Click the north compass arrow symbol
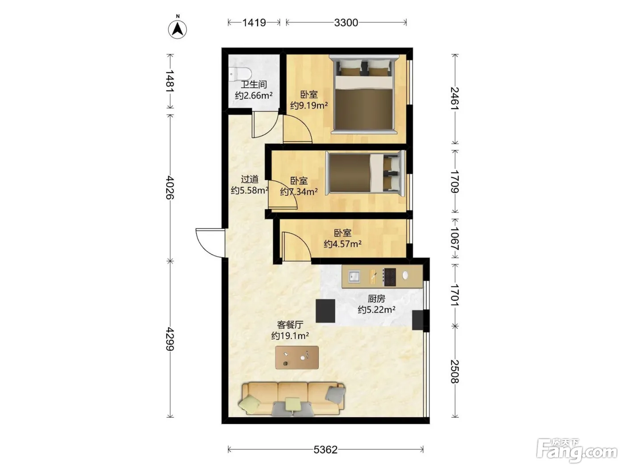(x=177, y=29)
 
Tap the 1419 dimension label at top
(x=254, y=22)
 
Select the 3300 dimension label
(x=346, y=22)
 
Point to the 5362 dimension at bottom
(x=325, y=450)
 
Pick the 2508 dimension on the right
(x=455, y=371)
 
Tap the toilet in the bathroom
(x=239, y=73)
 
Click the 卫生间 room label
(x=254, y=84)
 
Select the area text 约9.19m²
(x=309, y=106)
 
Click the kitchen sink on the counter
(x=354, y=276)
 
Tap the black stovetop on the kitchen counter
(x=389, y=277)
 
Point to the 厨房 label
(x=376, y=299)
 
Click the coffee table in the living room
(x=297, y=357)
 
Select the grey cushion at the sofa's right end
(x=335, y=394)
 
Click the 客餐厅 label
(x=290, y=325)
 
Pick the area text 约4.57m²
(x=342, y=244)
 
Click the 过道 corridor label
(x=250, y=179)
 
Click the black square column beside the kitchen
(x=325, y=311)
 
